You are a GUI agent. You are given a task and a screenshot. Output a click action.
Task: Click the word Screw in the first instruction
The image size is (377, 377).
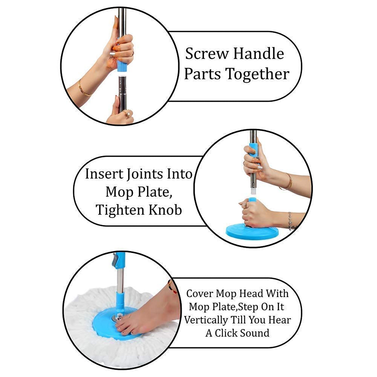tap(207, 54)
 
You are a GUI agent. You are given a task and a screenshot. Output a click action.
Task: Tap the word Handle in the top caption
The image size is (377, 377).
tap(259, 54)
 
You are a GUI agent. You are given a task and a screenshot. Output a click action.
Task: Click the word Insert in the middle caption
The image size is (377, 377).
tap(104, 174)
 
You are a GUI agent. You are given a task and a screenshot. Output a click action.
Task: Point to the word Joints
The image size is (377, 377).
tap(144, 174)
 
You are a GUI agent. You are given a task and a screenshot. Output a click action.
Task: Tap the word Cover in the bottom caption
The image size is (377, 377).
tap(200, 293)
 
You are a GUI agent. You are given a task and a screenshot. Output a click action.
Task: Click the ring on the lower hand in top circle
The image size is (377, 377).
tap(128, 115)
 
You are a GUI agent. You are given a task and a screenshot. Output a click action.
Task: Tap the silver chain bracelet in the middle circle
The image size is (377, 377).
tap(290, 221)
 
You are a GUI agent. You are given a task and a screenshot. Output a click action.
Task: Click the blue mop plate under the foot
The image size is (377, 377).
tap(106, 324)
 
